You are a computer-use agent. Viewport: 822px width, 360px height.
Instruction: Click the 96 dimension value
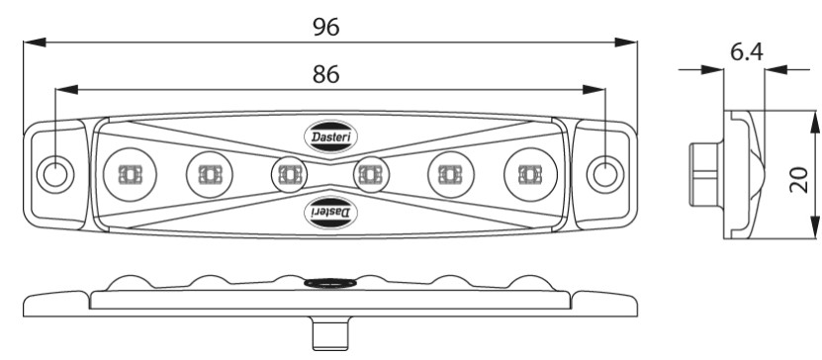point(326,28)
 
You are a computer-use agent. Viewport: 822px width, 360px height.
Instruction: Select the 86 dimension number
point(326,74)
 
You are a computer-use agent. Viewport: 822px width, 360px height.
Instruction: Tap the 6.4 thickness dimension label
point(747,52)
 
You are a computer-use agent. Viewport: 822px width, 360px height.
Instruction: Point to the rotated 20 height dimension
point(798,180)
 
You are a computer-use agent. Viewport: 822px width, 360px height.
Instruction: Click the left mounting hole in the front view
point(55,174)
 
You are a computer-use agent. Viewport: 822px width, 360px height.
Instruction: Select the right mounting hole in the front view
point(605,174)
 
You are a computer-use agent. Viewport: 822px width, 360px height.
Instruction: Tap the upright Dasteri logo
point(331,136)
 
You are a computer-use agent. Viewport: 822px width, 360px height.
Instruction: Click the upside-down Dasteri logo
point(331,213)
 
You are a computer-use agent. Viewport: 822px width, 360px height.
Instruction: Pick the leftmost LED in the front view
point(130,174)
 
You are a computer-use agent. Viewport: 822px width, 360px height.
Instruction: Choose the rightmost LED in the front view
point(530,174)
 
